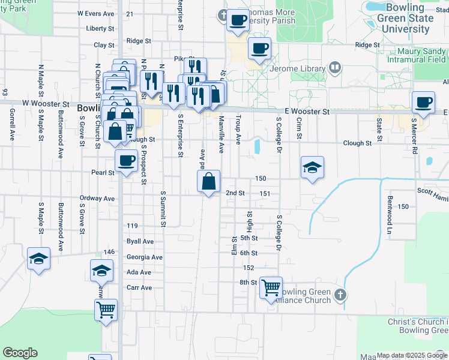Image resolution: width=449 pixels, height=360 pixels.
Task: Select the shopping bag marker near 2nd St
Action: [208, 182]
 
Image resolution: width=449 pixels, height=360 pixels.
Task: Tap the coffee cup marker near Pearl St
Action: [126, 161]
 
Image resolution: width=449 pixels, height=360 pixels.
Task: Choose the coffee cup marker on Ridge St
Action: [259, 49]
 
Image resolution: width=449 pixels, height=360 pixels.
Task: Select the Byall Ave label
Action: [140, 241]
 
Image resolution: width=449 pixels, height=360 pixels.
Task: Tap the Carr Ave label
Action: [139, 287]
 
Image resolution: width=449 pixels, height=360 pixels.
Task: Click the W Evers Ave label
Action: [96, 13]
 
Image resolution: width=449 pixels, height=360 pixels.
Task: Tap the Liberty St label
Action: [100, 28]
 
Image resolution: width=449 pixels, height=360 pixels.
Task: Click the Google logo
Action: [20, 352]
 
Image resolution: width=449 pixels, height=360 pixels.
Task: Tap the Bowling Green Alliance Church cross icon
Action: [340, 295]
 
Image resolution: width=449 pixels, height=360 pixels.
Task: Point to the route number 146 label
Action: [109, 252]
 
